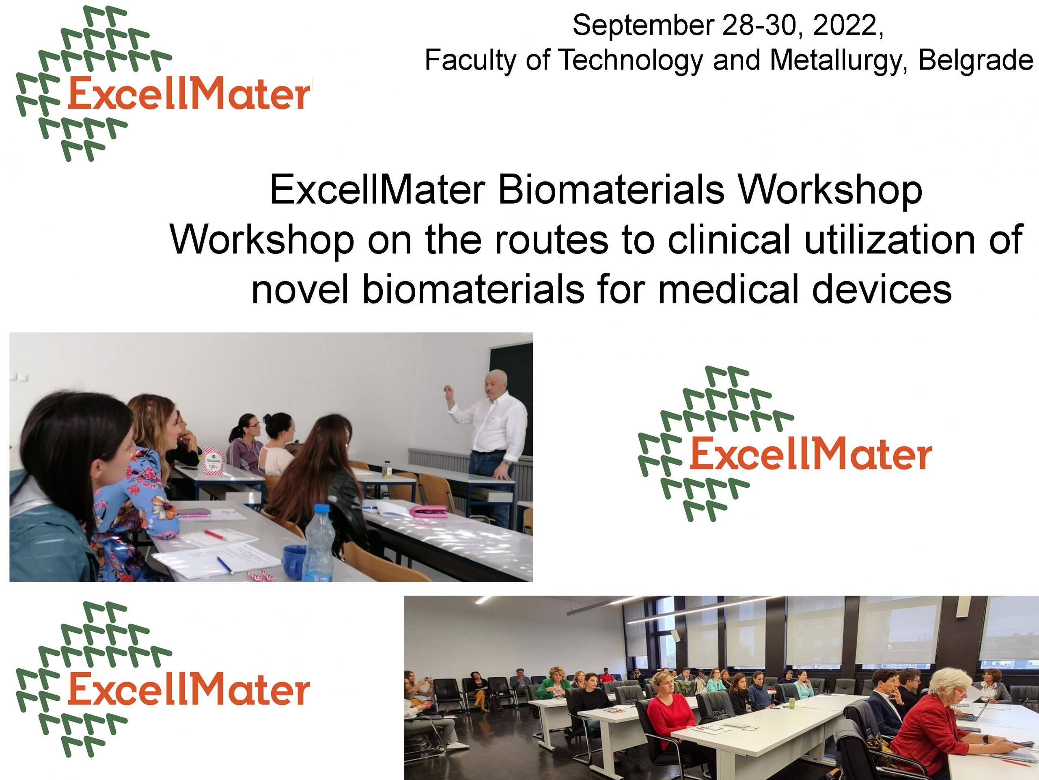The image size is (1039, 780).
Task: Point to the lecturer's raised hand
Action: [448, 391]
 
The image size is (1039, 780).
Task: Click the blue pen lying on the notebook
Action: [225, 565]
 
